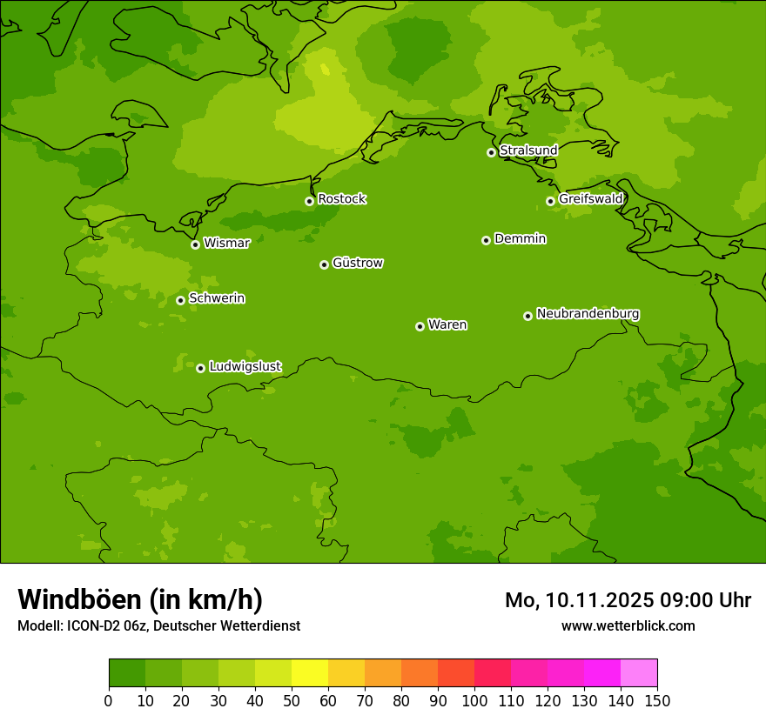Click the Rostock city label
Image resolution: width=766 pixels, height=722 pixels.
click(341, 199)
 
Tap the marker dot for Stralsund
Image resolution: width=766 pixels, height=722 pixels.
click(491, 152)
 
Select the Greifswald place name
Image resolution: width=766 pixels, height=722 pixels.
click(590, 199)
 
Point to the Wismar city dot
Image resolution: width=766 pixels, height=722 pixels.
click(195, 244)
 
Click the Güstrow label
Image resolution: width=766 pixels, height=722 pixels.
click(357, 263)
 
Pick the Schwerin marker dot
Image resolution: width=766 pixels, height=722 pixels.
click(180, 300)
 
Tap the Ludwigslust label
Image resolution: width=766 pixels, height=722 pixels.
click(245, 367)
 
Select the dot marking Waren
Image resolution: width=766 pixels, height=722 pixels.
click(420, 326)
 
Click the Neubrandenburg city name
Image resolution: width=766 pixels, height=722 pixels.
click(588, 314)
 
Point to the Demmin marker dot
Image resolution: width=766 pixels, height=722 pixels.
click(486, 240)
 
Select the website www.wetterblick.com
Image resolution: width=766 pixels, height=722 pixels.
click(628, 625)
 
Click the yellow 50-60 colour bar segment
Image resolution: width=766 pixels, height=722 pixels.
click(310, 673)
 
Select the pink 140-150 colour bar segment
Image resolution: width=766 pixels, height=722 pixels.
click(639, 673)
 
